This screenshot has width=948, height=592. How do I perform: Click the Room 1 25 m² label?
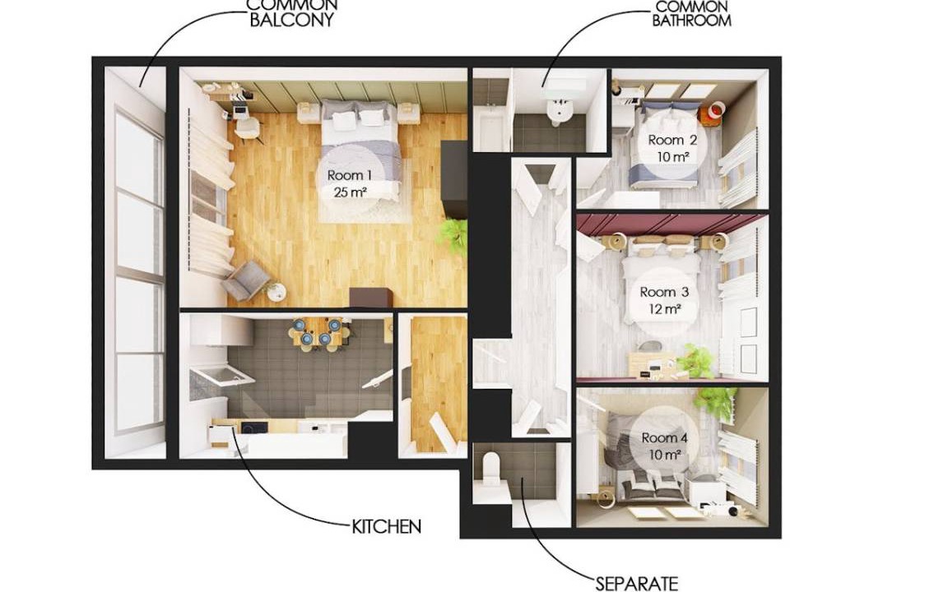350,184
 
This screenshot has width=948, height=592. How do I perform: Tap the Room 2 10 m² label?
672,149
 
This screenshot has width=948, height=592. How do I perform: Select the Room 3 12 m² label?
664,300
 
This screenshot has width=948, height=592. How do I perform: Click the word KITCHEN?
386,526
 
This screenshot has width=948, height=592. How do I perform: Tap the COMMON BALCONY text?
292,12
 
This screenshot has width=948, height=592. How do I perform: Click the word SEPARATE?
637,584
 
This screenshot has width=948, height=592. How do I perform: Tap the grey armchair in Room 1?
248,280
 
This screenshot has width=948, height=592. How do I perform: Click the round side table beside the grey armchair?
276,293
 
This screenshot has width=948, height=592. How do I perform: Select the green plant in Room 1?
453,234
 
